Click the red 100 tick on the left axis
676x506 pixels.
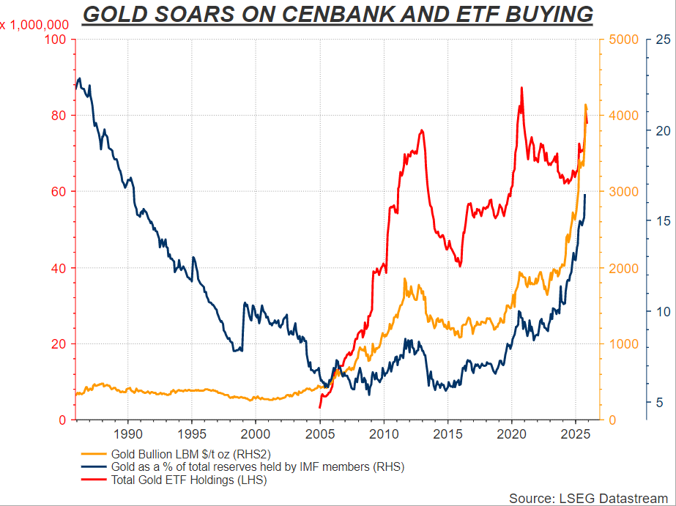pos(58,39)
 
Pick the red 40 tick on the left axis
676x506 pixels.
pos(61,268)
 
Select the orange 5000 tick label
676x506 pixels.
pos(621,39)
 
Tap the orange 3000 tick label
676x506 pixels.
pos(621,192)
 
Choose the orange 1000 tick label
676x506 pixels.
pos(621,344)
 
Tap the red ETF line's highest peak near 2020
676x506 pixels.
pos(521,88)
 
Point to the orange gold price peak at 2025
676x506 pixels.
pos(585,105)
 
